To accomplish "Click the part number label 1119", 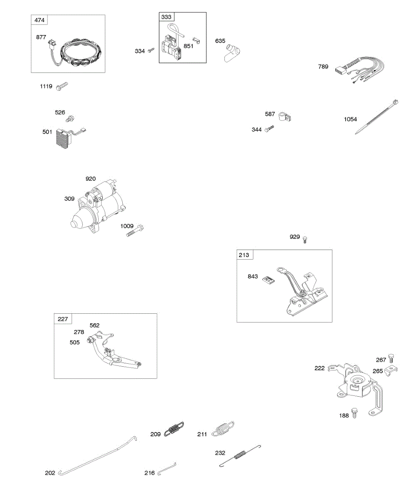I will [46, 87].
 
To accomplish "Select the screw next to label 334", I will [151, 50].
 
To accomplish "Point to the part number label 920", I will [91, 179].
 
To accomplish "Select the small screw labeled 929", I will [305, 239].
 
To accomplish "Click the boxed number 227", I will [63, 319].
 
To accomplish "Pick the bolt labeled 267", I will [391, 358].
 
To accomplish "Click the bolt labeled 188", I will [354, 413].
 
